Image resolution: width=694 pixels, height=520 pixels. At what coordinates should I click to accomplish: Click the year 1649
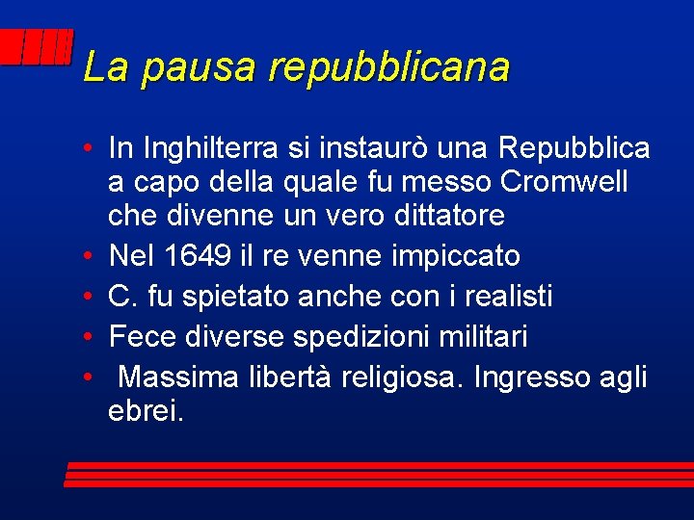pos(197,256)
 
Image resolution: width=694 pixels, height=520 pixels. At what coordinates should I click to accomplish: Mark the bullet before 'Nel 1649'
pos(88,257)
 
